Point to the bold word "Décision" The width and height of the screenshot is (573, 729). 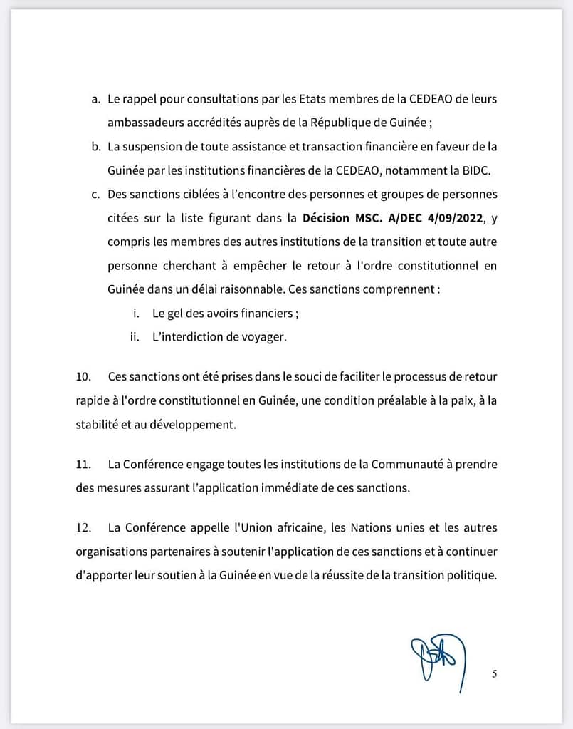328,218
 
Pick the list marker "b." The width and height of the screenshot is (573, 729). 96,147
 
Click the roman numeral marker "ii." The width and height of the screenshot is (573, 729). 134,337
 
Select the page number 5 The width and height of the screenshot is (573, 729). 494,674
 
